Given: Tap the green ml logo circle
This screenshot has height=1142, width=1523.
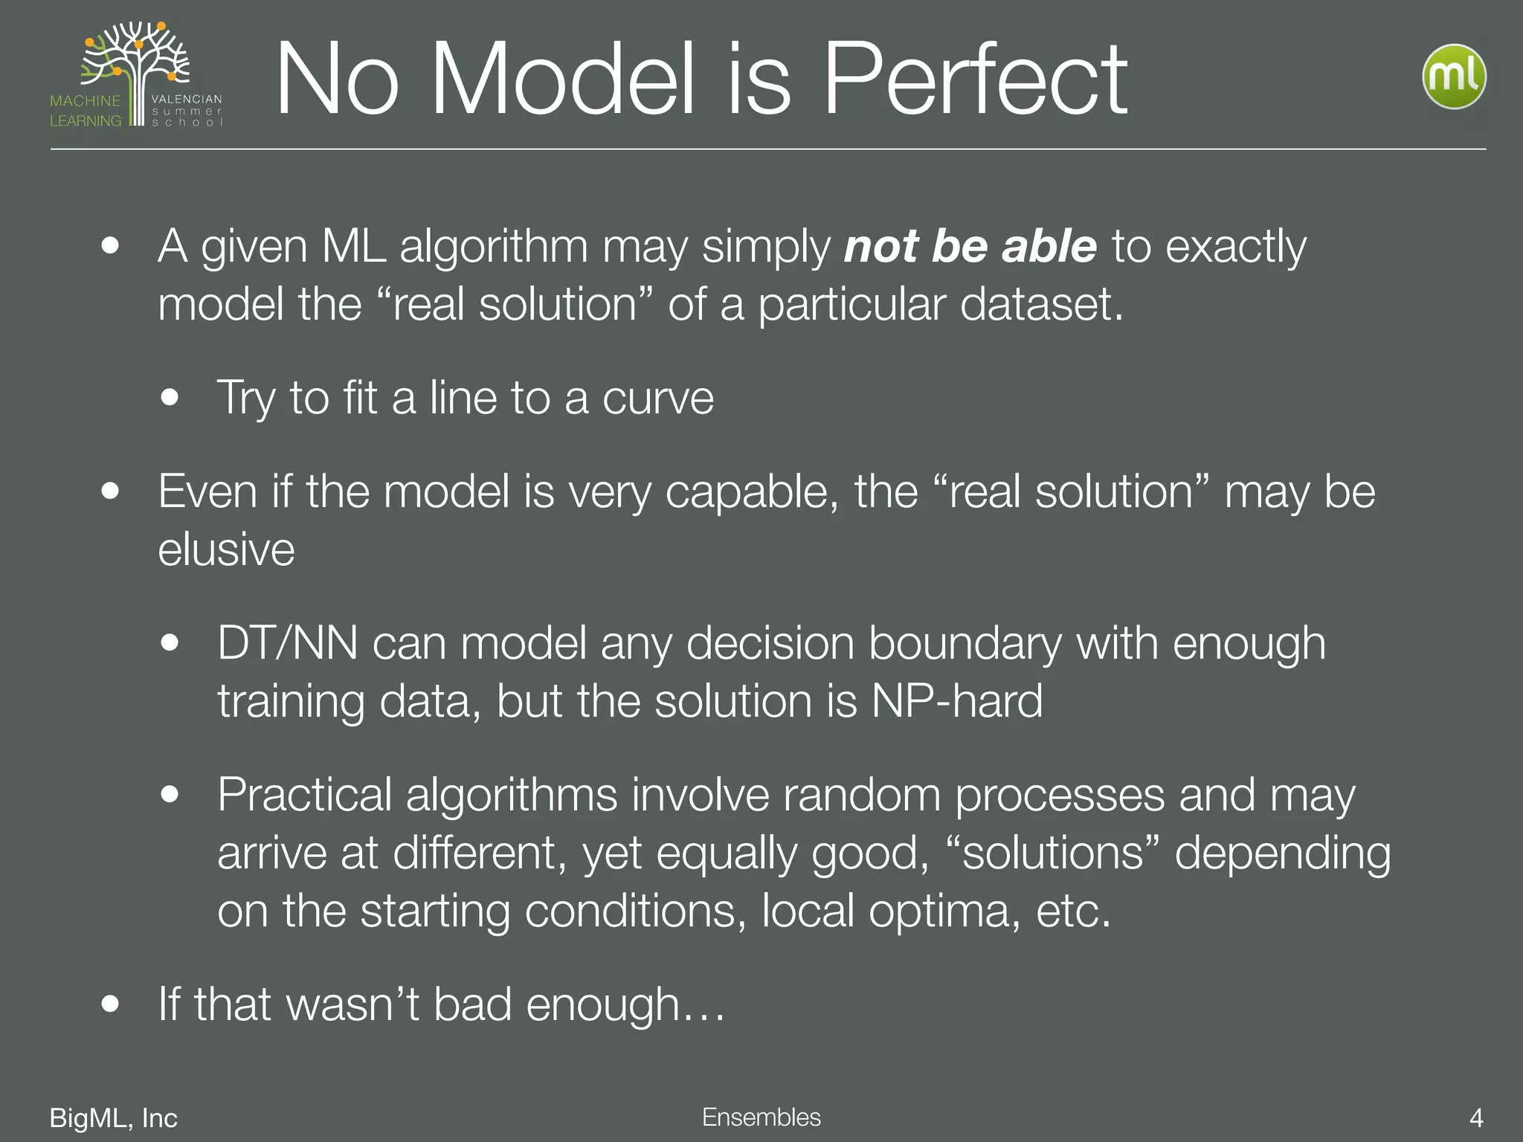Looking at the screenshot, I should coord(1454,77).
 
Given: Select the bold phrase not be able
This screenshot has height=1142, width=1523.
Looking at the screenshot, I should coord(970,247).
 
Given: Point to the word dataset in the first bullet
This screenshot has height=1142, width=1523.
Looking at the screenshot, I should coord(1040,305).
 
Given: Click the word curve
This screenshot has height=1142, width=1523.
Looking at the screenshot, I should coord(657,399).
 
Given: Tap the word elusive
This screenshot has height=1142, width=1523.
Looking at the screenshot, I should coord(226,550).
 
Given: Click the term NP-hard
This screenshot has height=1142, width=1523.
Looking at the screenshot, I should coord(956,701).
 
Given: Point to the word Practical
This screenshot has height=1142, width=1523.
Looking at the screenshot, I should coord(304,796).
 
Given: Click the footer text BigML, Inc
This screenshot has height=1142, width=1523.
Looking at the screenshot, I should coord(113,1118).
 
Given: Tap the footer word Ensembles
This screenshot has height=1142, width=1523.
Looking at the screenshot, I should coord(761,1117).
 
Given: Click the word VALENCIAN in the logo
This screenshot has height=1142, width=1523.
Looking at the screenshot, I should coord(186,99).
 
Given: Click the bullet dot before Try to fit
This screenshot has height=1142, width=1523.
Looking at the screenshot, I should coord(170,398).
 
